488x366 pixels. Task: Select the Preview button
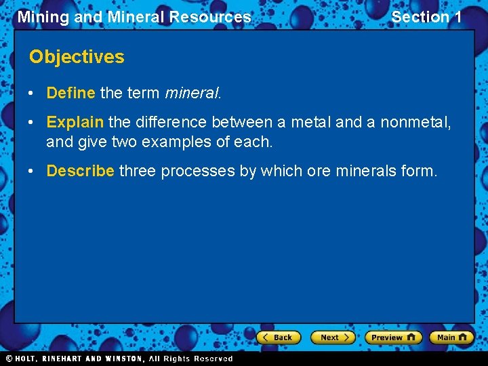[392, 337]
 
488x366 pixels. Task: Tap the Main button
[451, 337]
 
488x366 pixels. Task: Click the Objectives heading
[77, 57]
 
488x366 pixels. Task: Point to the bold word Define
[70, 93]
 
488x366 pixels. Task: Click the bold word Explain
[75, 123]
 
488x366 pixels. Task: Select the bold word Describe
[80, 171]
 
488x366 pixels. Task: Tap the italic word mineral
[192, 93]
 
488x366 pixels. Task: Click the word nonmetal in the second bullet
[415, 123]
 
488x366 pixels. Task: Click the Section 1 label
[426, 17]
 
